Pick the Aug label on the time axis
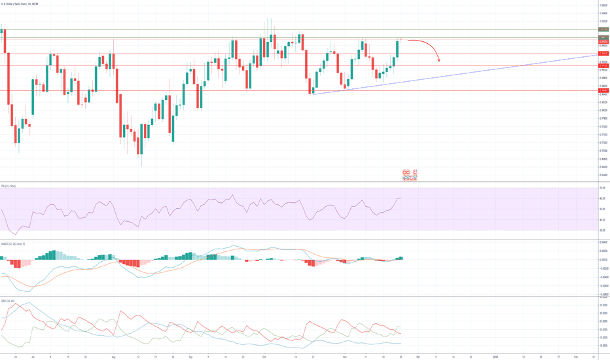pos(113,357)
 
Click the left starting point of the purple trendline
pos(314,94)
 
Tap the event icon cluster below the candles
pos(410,175)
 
